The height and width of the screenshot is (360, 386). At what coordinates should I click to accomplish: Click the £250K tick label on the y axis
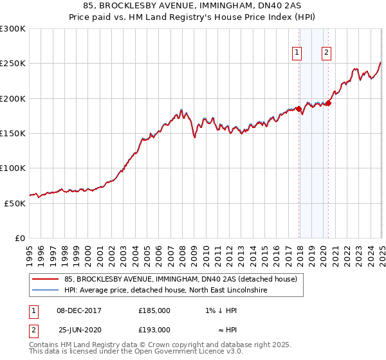pyautogui.click(x=13, y=64)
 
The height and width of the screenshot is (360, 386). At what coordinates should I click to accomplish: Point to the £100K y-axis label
pyautogui.click(x=13, y=168)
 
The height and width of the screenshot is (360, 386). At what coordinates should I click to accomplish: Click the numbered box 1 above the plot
pyautogui.click(x=298, y=53)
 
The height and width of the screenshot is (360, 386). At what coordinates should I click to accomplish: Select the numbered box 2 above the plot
pyautogui.click(x=327, y=53)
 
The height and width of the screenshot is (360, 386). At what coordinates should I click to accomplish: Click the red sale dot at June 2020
pyautogui.click(x=328, y=103)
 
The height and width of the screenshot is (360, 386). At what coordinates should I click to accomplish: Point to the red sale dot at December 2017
pyautogui.click(x=299, y=109)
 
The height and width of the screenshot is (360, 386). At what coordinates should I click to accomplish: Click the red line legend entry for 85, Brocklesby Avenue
pyautogui.click(x=180, y=279)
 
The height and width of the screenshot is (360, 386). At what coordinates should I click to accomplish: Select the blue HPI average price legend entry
pyautogui.click(x=165, y=291)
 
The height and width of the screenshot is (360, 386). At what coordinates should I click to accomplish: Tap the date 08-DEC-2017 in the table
pyautogui.click(x=79, y=310)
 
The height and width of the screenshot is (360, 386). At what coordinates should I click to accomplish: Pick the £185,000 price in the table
pyautogui.click(x=154, y=310)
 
